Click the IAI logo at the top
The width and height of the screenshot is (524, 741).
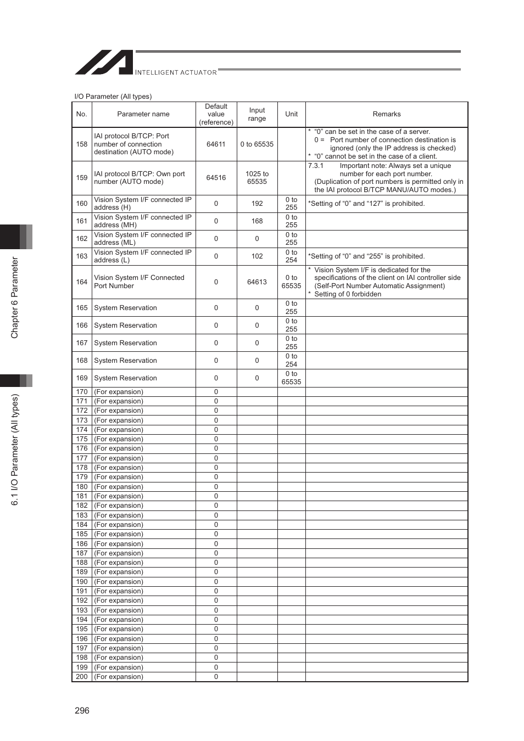(x=104, y=63)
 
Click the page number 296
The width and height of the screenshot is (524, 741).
(x=82, y=710)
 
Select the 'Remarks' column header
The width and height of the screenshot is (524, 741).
(x=387, y=114)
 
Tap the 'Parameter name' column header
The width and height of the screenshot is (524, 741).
(x=143, y=114)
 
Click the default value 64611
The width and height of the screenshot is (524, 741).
(x=216, y=144)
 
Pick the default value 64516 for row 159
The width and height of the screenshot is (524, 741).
(x=216, y=178)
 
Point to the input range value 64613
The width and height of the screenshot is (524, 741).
(x=257, y=282)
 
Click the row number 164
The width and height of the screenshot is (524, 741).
(x=82, y=282)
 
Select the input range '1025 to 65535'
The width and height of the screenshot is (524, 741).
(x=257, y=178)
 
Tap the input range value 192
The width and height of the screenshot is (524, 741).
(x=257, y=204)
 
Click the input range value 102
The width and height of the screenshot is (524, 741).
(x=257, y=256)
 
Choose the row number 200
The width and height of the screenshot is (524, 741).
(x=82, y=677)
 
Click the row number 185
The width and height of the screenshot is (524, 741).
(x=82, y=534)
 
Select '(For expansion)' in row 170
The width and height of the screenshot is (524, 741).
(x=119, y=392)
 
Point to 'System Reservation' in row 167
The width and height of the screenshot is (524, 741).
(x=125, y=343)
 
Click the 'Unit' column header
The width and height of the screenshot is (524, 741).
(x=291, y=114)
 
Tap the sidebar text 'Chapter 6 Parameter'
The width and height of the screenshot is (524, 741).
(x=15, y=297)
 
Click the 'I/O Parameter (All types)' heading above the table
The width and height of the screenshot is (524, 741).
(x=113, y=97)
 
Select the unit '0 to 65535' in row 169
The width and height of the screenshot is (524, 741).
(x=291, y=378)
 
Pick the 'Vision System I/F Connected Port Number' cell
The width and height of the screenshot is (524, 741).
(x=139, y=282)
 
